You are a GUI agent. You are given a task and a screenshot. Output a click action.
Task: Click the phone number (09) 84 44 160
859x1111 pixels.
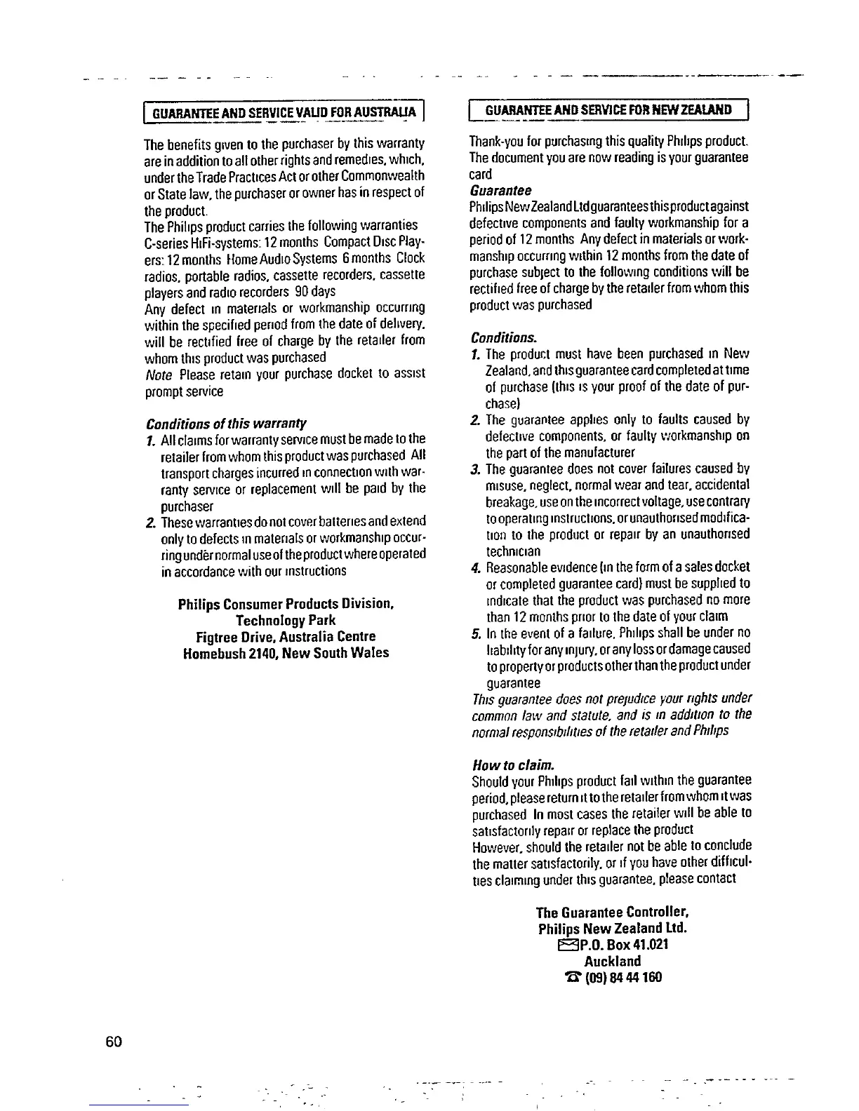click(x=620, y=978)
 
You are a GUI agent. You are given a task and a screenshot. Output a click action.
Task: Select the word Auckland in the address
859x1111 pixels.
click(x=612, y=961)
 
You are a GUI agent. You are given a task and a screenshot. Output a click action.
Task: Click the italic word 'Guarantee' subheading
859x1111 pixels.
click(x=500, y=191)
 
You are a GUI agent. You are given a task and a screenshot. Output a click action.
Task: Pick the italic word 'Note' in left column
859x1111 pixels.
click(x=159, y=375)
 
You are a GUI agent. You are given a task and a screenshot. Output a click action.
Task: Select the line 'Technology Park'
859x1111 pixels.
click(x=285, y=620)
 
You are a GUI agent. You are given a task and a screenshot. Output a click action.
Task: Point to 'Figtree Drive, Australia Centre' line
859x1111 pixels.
click(x=286, y=637)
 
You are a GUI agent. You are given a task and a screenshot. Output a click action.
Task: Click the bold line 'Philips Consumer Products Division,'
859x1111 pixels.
click(x=286, y=603)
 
